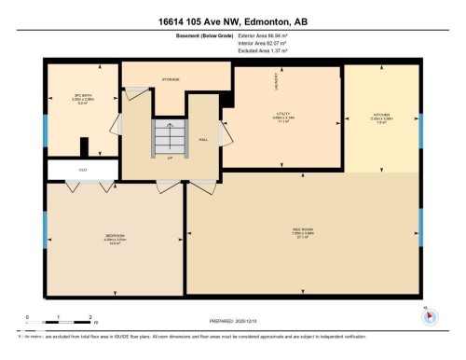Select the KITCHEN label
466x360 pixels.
(382, 118)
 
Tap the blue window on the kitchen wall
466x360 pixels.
(421, 127)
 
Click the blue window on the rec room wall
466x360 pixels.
(421, 224)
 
